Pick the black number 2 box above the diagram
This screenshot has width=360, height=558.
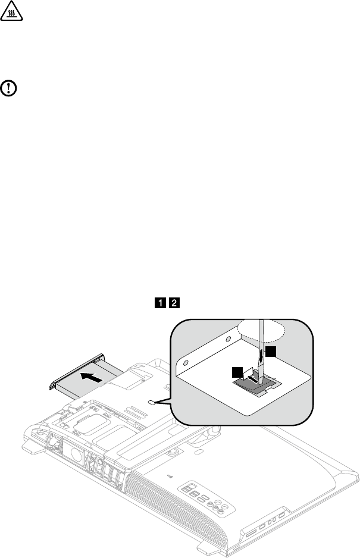pyautogui.click(x=174, y=303)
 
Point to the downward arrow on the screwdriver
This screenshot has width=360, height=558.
pyautogui.click(x=261, y=357)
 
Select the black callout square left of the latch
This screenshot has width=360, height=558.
pyautogui.click(x=239, y=371)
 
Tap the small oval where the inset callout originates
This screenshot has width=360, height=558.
pyautogui.click(x=153, y=402)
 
